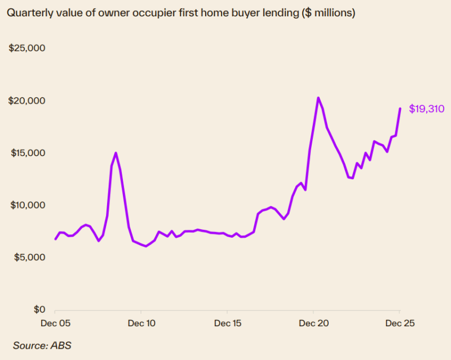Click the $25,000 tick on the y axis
click(27, 48)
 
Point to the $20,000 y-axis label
click(27, 101)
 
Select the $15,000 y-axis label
click(27, 153)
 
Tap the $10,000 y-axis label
click(27, 205)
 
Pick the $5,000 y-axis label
click(29, 257)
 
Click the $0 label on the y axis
click(37, 310)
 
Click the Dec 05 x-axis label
click(55, 324)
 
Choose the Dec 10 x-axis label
click(141, 324)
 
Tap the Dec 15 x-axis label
click(227, 324)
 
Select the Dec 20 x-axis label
click(313, 324)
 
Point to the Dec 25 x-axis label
click(400, 324)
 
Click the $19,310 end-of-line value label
click(427, 108)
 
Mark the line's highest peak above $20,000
click(318, 98)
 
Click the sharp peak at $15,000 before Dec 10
click(116, 153)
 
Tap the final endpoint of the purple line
click(400, 108)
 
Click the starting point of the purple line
click(55, 239)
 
